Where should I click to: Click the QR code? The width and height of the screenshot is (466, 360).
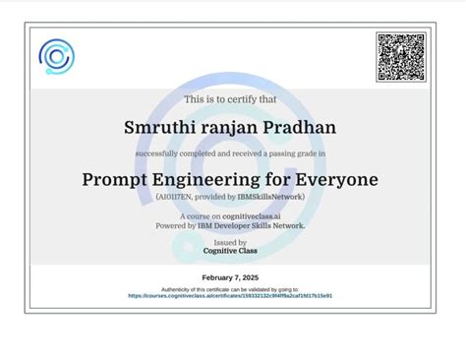[x=400, y=57]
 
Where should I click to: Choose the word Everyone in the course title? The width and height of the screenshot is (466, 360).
[x=331, y=180]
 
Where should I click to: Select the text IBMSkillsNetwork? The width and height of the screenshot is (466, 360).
[x=276, y=198]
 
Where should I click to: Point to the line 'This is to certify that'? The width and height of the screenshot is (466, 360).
[x=230, y=99]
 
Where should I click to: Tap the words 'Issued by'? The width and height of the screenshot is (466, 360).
[x=230, y=242]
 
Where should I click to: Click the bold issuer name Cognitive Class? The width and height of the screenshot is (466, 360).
[x=230, y=251]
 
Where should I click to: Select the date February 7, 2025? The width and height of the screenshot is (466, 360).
[x=230, y=278]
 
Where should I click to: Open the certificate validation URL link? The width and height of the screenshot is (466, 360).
[x=230, y=295]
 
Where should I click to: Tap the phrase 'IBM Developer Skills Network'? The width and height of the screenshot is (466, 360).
[x=252, y=225]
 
